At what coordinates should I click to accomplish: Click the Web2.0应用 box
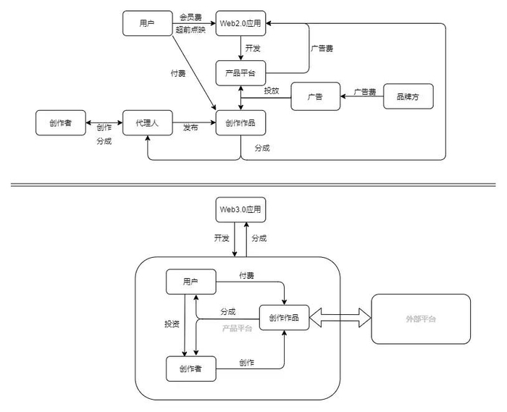[x=240, y=23]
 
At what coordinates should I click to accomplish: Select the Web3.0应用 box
[x=240, y=209]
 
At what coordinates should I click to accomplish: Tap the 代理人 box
[x=146, y=123]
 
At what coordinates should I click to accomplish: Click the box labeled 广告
[x=315, y=97]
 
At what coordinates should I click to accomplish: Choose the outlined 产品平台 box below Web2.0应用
[x=240, y=73]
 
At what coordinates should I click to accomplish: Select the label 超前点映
[x=189, y=31]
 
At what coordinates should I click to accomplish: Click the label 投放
[x=272, y=91]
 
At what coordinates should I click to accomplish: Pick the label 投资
[x=172, y=324]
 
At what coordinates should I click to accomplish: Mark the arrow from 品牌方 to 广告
[x=361, y=98]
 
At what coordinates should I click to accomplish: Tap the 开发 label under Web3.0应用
[x=222, y=238]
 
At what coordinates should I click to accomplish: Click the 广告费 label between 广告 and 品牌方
[x=365, y=92]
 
